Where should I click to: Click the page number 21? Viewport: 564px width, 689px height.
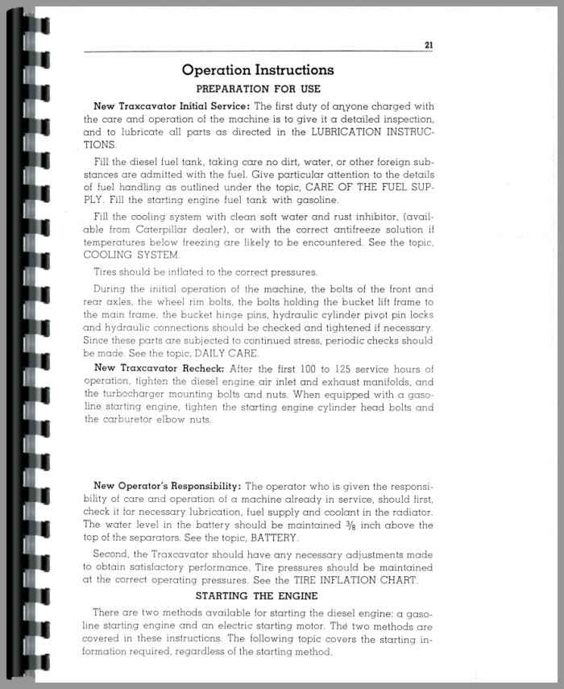tap(428, 45)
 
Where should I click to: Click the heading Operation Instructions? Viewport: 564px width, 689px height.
tap(258, 70)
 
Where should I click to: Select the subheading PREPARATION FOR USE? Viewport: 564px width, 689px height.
tap(258, 89)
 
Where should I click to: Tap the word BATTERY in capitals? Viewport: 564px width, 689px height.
tap(275, 538)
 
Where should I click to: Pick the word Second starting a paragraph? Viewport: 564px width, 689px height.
tap(112, 554)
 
